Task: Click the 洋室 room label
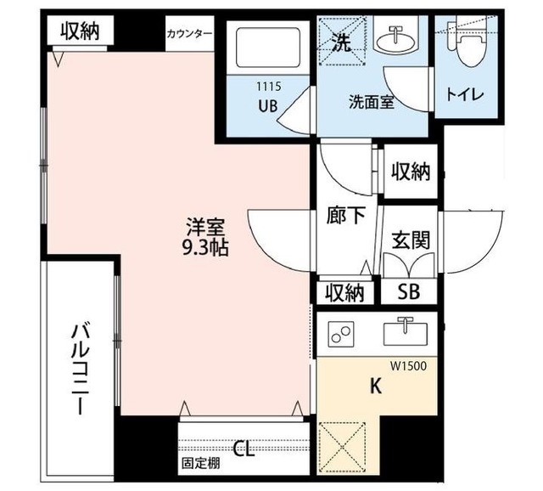tap(205, 228)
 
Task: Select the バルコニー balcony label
tap(81, 367)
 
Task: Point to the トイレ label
tap(465, 94)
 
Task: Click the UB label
tap(267, 105)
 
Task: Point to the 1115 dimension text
tap(268, 87)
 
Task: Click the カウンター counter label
tap(190, 34)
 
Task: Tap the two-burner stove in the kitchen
tap(342, 336)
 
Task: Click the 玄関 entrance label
tap(410, 240)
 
